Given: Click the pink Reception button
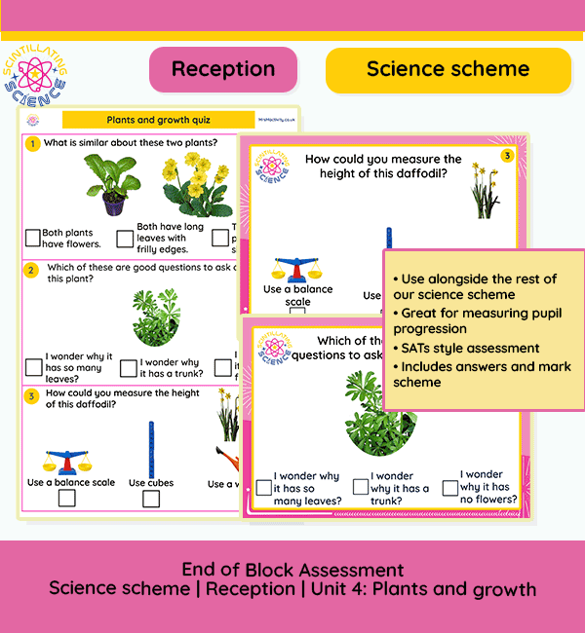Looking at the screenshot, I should (223, 69).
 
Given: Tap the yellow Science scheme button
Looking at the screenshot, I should (448, 69).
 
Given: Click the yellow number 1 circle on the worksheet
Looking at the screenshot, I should (32, 144).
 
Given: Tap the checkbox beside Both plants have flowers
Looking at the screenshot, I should (33, 237).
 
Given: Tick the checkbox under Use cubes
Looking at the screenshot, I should (151, 499).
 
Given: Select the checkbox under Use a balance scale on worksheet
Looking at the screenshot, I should (66, 499).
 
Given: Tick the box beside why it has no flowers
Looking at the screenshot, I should (450, 487).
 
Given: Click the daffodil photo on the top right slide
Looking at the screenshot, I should (484, 190).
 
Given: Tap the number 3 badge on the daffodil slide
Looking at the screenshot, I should (507, 156).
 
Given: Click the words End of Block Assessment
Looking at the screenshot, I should (292, 570).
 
